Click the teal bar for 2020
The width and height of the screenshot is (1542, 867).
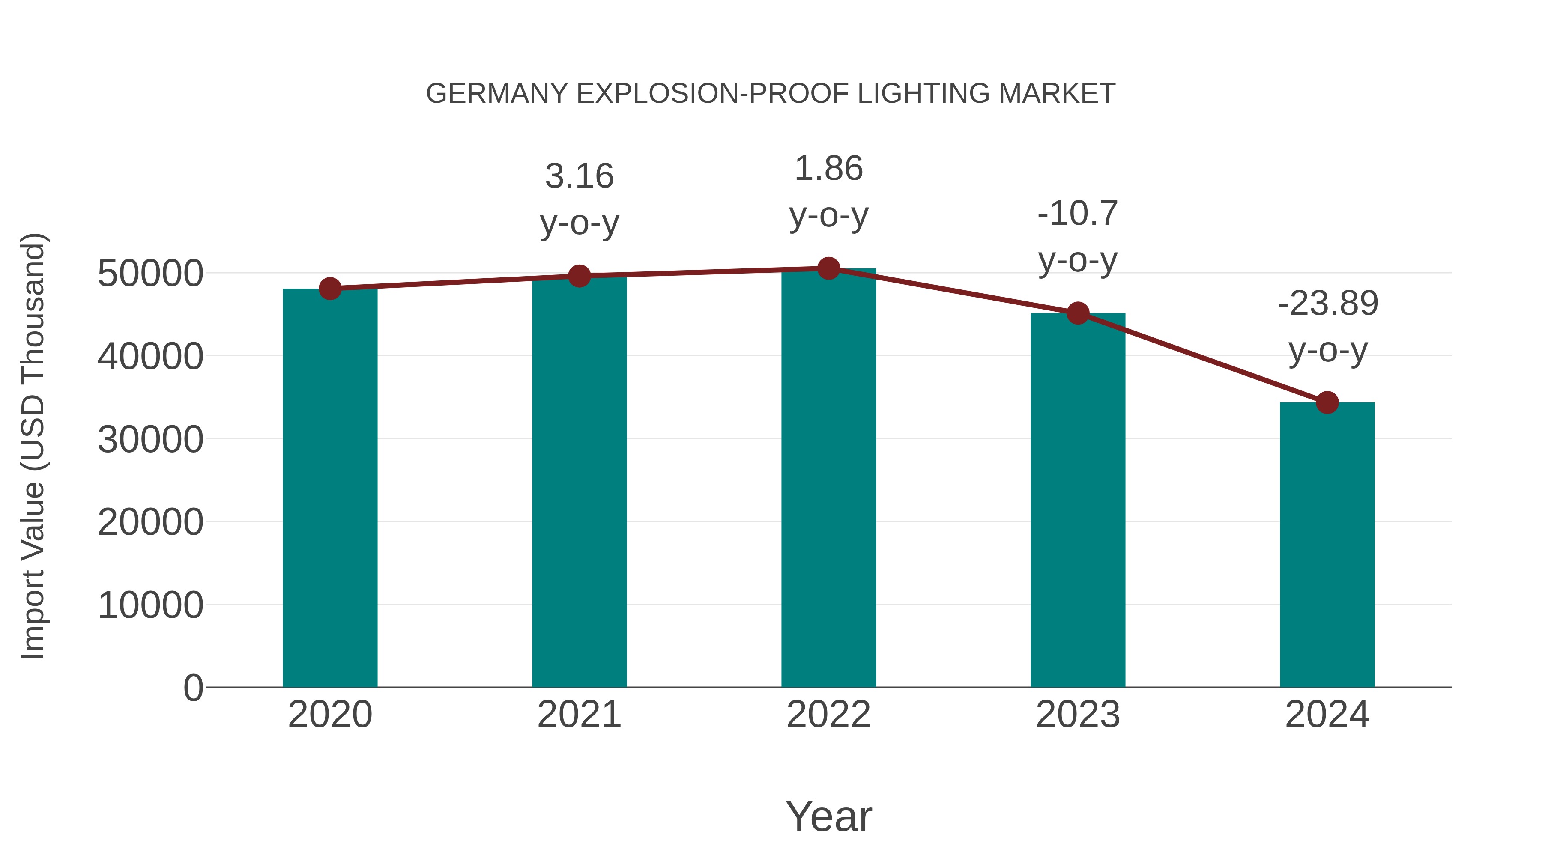click(x=330, y=488)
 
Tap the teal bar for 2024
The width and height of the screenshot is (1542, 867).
click(x=1327, y=545)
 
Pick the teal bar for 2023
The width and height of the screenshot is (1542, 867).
click(x=1078, y=500)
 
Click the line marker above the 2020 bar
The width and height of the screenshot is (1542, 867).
click(x=330, y=289)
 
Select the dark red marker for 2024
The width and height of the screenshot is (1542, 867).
click(x=1327, y=403)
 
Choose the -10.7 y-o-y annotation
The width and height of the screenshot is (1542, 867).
click(x=1078, y=236)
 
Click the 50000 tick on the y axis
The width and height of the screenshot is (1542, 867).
click(x=150, y=274)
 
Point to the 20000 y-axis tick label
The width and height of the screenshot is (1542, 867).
click(x=150, y=522)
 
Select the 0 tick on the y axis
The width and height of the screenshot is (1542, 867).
click(x=193, y=688)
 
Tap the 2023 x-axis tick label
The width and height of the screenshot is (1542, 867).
click(x=1078, y=715)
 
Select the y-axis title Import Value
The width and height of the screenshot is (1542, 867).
click(x=33, y=446)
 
